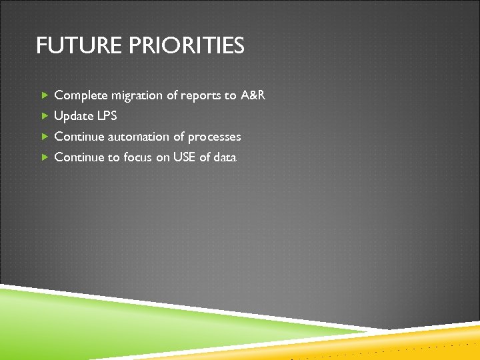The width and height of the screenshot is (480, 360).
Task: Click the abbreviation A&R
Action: click(253, 95)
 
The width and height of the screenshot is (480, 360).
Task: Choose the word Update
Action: click(73, 116)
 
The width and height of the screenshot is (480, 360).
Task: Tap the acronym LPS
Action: click(107, 116)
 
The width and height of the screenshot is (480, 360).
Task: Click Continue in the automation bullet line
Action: click(78, 137)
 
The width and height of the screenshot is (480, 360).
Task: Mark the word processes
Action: click(214, 137)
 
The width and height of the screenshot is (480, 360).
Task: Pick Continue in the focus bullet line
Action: click(78, 157)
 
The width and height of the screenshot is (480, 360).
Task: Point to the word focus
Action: click(138, 157)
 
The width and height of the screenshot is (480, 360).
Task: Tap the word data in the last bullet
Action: click(225, 157)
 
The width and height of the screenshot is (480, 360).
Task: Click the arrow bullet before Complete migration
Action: click(45, 95)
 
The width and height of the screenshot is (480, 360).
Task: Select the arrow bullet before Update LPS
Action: click(45, 116)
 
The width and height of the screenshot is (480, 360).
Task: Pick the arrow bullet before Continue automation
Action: click(45, 137)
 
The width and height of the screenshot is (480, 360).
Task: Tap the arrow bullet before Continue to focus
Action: click(45, 157)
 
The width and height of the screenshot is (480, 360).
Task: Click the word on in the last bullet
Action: click(164, 157)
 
